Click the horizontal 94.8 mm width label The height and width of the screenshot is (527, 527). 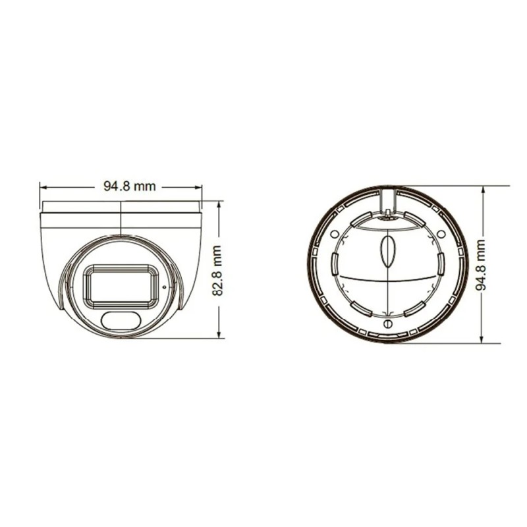coord(129,186)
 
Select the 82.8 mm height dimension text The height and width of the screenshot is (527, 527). coord(217,271)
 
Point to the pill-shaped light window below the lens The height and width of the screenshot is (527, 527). coord(121,321)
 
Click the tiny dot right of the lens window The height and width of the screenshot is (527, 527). coord(164,287)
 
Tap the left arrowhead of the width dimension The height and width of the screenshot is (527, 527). coord(43,186)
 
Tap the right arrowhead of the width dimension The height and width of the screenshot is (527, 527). coord(198,186)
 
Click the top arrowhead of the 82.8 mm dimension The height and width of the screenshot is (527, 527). coord(219,205)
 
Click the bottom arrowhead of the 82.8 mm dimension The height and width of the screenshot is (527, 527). coord(219,334)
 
